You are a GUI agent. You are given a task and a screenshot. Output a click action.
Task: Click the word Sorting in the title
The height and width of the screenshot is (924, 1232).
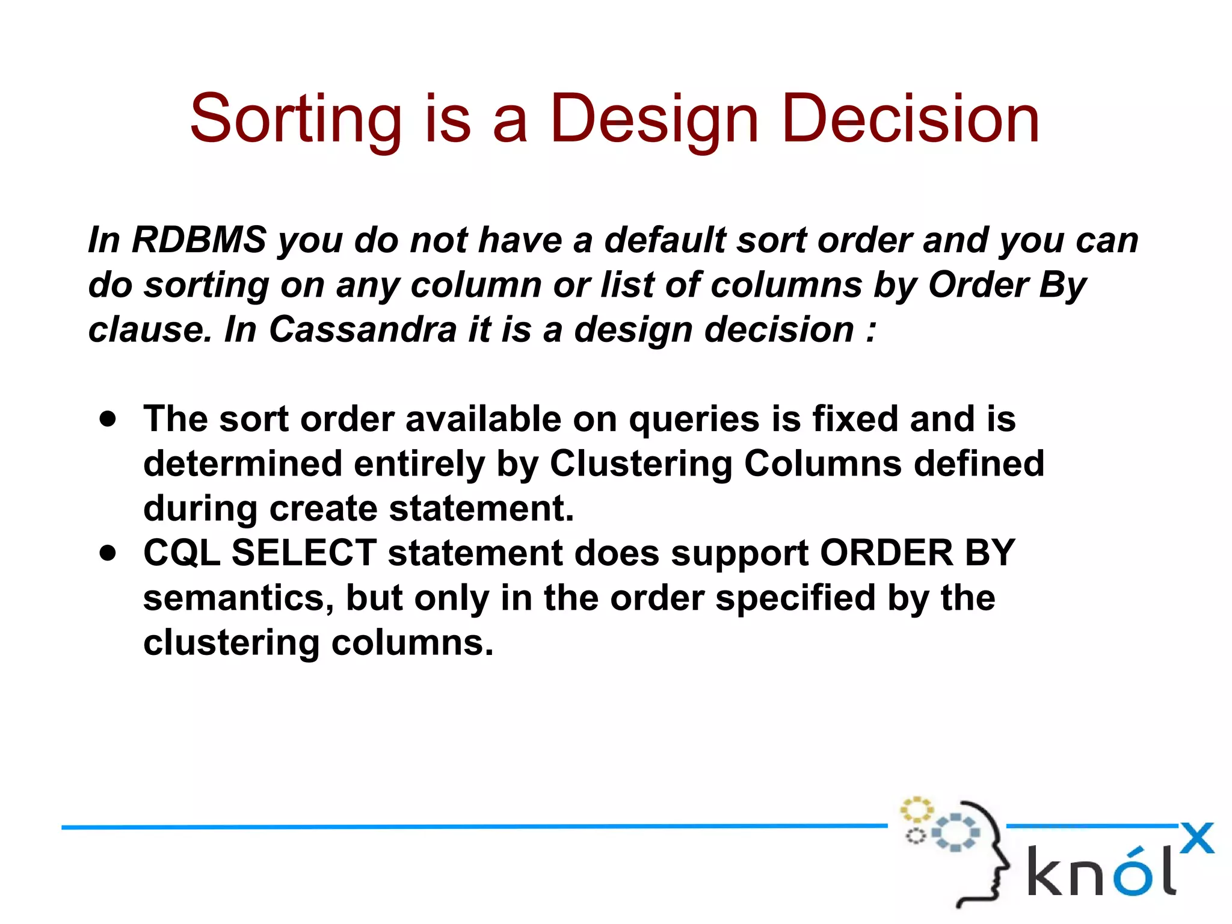(295, 119)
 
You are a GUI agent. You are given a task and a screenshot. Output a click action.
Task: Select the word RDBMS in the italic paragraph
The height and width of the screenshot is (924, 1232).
(199, 240)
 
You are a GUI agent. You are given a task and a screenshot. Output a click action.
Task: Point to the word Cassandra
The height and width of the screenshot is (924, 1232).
(363, 329)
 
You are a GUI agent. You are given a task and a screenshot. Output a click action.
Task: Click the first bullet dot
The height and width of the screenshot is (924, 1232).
(108, 419)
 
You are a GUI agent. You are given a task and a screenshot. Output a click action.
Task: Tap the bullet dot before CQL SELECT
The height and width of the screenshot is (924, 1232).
(108, 553)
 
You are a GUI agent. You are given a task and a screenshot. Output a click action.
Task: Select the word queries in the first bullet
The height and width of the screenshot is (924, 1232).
(694, 419)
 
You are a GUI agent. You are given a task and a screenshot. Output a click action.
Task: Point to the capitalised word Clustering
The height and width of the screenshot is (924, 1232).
(641, 464)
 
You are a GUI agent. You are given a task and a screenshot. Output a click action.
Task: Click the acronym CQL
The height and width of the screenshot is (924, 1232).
(182, 553)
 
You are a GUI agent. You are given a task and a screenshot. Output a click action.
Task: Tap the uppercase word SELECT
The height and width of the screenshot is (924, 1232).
(304, 552)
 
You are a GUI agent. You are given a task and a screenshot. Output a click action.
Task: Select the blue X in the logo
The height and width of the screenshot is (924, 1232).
(1197, 839)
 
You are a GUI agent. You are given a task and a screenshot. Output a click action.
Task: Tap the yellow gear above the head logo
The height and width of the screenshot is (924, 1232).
(916, 809)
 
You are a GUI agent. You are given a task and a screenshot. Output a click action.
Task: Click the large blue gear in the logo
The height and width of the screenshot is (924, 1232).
(956, 833)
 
